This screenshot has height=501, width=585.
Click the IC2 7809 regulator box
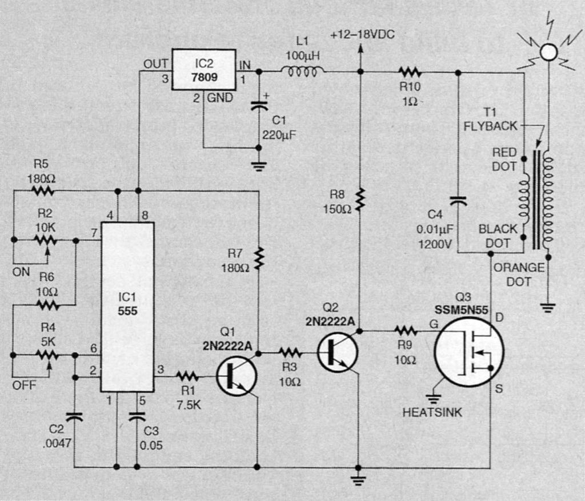click(204, 69)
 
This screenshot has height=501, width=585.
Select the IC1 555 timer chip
click(127, 307)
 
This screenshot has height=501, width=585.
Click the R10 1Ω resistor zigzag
click(410, 72)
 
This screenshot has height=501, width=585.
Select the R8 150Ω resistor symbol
click(360, 200)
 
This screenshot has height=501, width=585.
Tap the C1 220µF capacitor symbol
click(259, 105)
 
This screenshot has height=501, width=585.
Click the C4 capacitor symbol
click(459, 201)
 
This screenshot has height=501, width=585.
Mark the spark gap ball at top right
click(548, 52)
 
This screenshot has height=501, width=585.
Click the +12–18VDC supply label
click(362, 35)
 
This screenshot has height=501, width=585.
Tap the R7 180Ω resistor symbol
click(259, 257)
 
